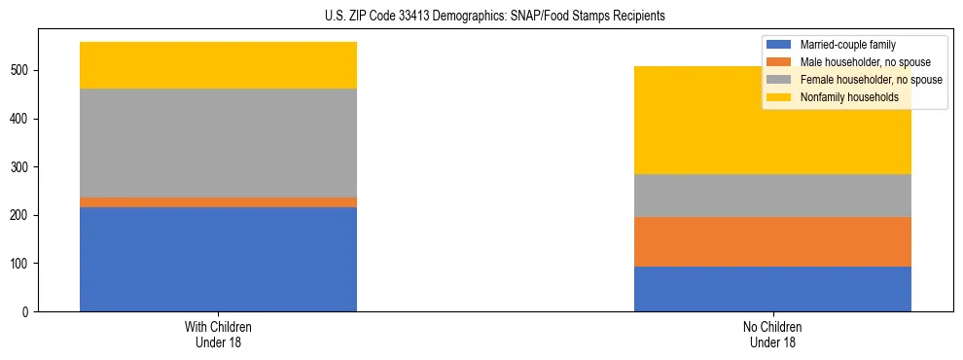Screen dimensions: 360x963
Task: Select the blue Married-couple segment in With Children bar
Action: [x=218, y=259]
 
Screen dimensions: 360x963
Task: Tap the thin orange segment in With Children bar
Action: [x=218, y=202]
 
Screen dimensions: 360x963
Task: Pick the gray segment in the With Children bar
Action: [x=218, y=143]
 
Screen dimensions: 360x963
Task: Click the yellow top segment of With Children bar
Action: [x=218, y=65]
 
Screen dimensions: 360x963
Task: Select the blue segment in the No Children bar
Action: [x=772, y=289]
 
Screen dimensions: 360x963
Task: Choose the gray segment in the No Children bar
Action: [x=772, y=196]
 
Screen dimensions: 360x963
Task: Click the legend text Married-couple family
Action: [x=847, y=45]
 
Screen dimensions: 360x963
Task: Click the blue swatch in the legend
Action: [x=779, y=45]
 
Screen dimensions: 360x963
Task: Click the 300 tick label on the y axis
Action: [x=22, y=167]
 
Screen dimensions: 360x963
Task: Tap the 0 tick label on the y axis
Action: [x=28, y=311]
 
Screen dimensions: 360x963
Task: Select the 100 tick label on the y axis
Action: [x=22, y=264]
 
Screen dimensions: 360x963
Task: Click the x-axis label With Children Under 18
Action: [x=218, y=335]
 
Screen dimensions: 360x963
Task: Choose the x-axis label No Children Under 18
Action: [x=772, y=335]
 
